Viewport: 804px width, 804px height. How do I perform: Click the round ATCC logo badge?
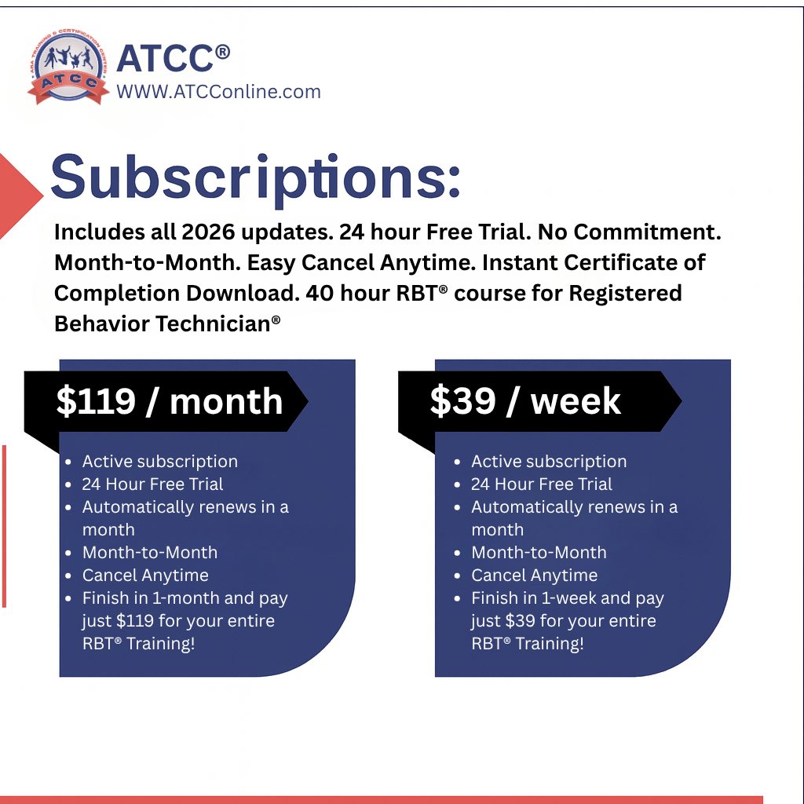coord(68,66)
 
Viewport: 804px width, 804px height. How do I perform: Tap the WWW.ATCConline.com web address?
coord(218,92)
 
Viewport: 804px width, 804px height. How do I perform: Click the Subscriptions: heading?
coord(255,178)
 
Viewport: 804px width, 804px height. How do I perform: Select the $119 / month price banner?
coord(166,401)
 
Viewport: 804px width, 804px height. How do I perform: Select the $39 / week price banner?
coord(540,401)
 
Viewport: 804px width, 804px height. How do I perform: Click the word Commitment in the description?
coord(647,232)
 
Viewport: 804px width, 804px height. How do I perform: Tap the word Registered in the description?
coord(625,294)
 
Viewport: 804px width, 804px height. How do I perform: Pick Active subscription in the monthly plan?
coord(160,462)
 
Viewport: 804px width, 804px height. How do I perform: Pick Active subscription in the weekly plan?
coord(549,462)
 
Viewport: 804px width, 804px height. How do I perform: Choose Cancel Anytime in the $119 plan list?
coord(145,576)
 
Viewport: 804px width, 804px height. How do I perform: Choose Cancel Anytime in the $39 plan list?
coord(534,576)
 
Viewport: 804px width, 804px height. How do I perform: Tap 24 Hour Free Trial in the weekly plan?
coord(542,484)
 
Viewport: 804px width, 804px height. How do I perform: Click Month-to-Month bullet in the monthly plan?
coord(150,553)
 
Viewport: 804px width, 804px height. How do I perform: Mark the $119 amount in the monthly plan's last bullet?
coord(135,621)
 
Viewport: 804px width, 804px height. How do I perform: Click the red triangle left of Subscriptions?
coord(20,196)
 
